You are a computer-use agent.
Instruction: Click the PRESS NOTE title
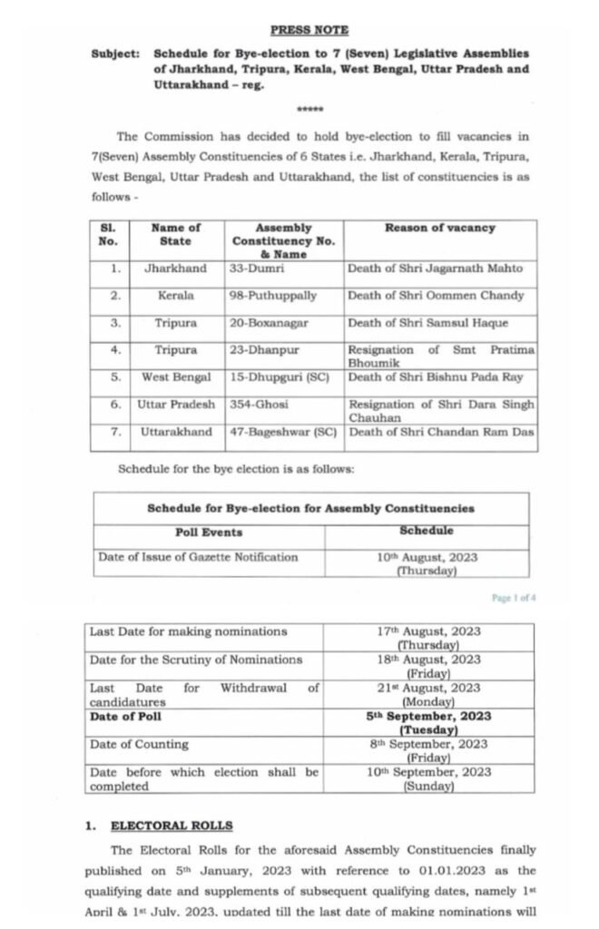pos(309,29)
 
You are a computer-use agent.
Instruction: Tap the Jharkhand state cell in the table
pos(175,269)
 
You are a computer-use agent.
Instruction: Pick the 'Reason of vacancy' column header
pos(440,228)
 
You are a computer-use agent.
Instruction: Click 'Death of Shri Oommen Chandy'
pos(436,296)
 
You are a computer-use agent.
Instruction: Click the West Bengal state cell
pos(175,376)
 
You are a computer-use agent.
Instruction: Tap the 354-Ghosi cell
pos(258,404)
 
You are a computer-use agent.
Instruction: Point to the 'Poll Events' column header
pos(209,533)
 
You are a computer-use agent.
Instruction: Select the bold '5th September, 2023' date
pos(429,716)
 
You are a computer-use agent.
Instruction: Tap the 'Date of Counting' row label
pos(139,744)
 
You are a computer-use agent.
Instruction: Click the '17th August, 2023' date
pos(429,631)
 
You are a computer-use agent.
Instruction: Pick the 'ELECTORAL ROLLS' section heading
pos(172,826)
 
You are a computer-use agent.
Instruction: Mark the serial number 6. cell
pos(115,404)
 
